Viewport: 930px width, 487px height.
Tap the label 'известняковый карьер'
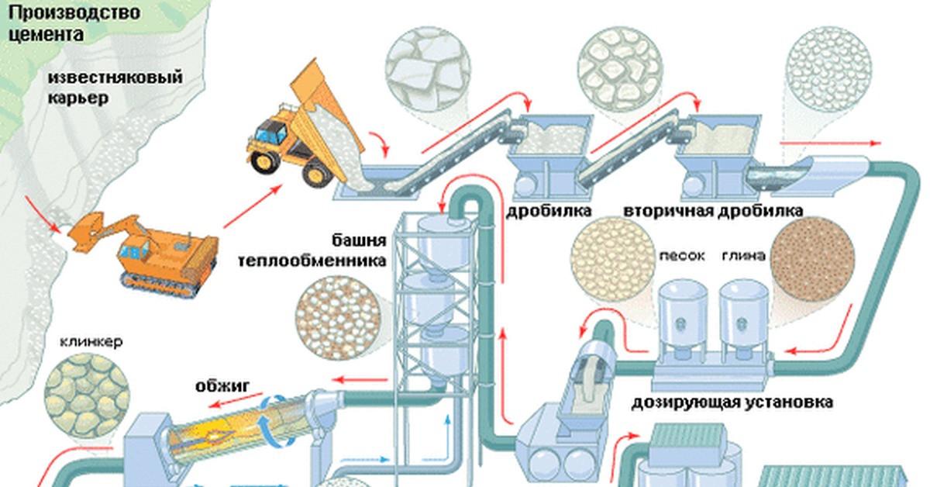pyautogui.click(x=114, y=88)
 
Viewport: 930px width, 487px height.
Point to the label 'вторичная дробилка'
pyautogui.click(x=712, y=211)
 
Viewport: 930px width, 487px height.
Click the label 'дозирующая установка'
pyautogui.click(x=732, y=403)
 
